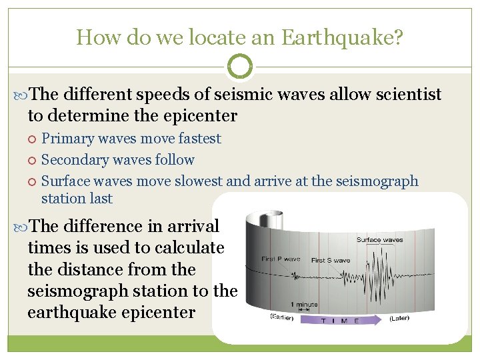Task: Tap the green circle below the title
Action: [x=240, y=66]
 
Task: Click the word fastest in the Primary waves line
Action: [x=197, y=139]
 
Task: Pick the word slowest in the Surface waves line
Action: [x=199, y=181]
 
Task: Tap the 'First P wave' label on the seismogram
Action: [x=281, y=259]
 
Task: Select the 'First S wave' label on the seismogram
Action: [x=331, y=260]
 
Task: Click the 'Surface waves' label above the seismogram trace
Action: [x=379, y=240]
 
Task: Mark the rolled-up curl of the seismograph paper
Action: [x=261, y=220]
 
